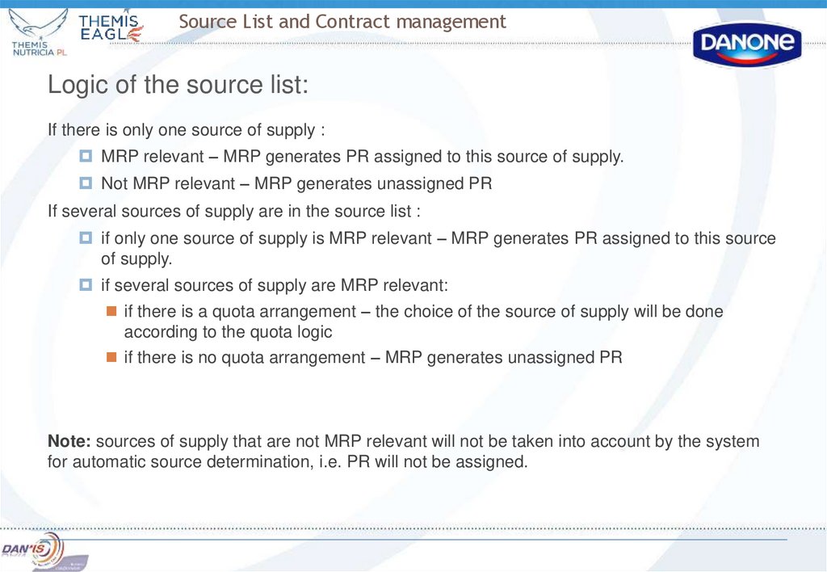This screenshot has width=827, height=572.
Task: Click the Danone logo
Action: point(747,44)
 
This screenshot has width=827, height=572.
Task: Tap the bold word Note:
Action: point(71,441)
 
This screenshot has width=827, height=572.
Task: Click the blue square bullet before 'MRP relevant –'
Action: point(86,156)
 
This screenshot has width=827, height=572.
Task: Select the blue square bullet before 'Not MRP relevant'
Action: point(86,183)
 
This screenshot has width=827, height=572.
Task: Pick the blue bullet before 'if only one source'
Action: point(86,238)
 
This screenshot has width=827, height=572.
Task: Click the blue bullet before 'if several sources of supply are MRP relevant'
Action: point(86,285)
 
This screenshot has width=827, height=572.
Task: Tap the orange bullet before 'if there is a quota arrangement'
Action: point(112,311)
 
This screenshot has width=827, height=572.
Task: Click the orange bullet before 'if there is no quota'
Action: point(112,356)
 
